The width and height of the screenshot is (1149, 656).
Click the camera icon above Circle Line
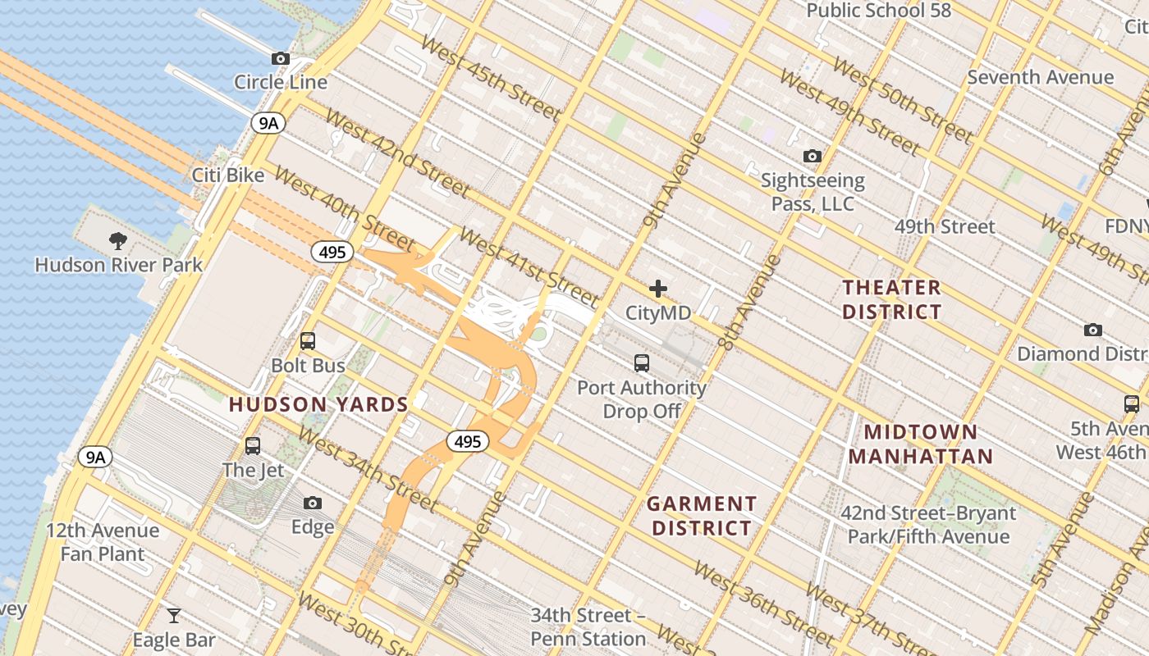click(281, 59)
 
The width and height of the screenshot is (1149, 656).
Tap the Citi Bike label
click(228, 175)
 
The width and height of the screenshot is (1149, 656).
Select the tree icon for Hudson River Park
click(118, 241)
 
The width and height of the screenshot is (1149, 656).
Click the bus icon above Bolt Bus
click(308, 341)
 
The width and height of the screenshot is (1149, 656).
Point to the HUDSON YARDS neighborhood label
click(318, 404)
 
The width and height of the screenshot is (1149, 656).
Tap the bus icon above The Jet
click(253, 446)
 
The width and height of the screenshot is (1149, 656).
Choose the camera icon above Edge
click(313, 503)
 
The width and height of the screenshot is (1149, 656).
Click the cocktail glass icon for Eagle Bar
click(174, 616)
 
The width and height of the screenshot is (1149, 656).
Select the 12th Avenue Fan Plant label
click(103, 542)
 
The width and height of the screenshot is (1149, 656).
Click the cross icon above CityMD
click(658, 289)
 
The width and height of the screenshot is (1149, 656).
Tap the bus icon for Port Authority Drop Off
click(642, 362)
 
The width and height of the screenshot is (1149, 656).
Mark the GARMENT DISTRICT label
click(702, 516)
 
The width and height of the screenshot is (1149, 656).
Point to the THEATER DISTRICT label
click(892, 299)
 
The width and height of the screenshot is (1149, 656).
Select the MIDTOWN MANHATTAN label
click(921, 444)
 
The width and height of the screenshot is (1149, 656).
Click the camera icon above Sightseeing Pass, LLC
click(813, 156)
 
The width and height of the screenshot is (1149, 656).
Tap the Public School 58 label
click(879, 11)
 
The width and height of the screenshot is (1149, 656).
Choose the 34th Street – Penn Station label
click(588, 626)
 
